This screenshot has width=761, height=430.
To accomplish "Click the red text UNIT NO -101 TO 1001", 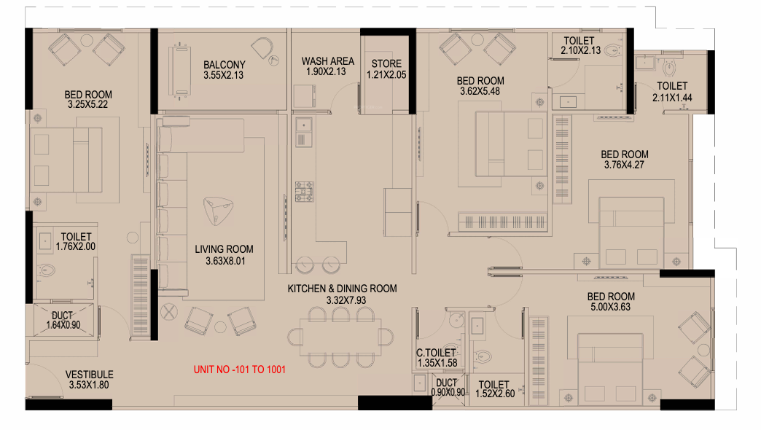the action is (239, 370).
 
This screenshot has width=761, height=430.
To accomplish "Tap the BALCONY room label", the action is (225, 65).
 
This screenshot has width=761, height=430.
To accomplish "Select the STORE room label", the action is (386, 63).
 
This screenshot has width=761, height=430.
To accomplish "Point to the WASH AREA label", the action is (327, 61).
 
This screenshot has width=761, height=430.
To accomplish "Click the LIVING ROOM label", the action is (224, 249).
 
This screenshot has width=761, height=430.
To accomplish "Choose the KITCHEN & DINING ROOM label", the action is (342, 289).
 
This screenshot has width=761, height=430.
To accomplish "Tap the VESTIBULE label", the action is (90, 375).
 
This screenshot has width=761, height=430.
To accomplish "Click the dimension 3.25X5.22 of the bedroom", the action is (88, 104).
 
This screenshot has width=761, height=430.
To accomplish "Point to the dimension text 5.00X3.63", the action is (611, 307).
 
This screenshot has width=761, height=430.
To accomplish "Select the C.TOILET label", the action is (437, 353).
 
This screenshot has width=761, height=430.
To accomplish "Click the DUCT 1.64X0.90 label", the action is (63, 321).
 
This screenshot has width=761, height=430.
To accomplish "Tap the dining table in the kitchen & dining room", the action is (340, 337).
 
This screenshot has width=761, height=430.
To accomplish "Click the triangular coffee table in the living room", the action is (218, 211).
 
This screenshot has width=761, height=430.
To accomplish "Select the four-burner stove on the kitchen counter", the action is (304, 191).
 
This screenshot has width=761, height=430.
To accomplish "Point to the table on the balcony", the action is (179, 72).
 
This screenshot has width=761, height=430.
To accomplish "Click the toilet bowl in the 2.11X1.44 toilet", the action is (670, 67).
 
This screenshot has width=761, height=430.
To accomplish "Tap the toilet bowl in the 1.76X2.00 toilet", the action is (47, 270).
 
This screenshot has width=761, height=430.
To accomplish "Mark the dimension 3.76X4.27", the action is (624, 165).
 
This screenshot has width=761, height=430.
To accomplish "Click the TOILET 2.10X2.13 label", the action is (580, 45).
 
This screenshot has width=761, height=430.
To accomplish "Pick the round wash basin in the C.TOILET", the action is (456, 320).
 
